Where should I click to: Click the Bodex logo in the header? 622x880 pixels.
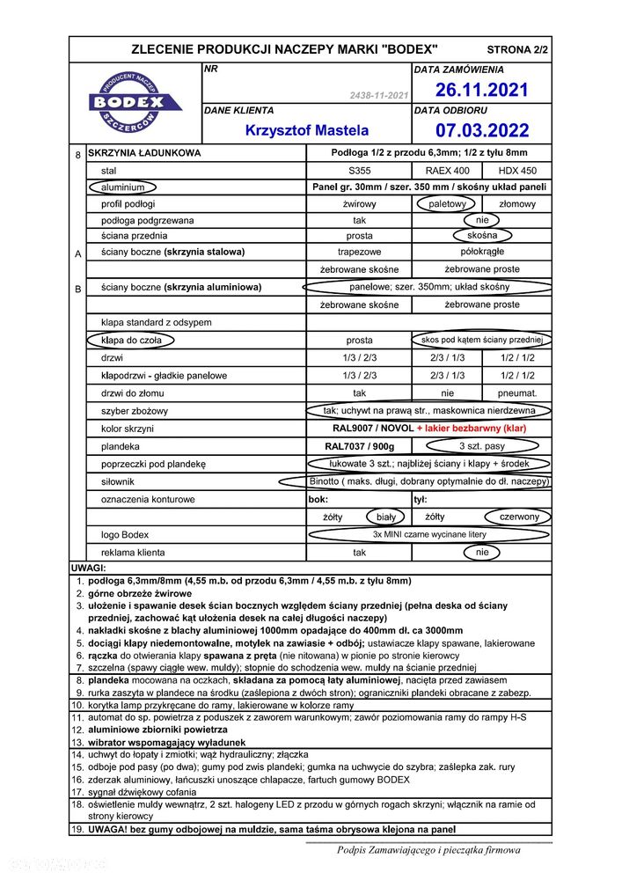coord(135,103)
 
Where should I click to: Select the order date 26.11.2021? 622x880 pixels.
coord(482,90)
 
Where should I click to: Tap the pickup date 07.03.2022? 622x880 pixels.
coord(482,130)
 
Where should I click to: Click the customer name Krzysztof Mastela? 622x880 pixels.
coord(306,130)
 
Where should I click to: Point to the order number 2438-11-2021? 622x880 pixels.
coord(378,94)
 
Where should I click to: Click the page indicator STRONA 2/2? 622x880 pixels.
coord(516,50)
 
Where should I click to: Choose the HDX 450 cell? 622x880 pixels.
coord(518,170)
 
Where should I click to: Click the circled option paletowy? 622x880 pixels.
coord(447,204)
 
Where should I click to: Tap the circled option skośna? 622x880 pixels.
coord(482,236)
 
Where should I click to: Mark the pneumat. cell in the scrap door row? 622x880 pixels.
coord(518,393)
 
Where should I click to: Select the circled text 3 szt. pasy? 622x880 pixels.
coord(482,446)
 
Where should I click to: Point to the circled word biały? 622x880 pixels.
coord(385,517)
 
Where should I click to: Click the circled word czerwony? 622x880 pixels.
coord(518,517)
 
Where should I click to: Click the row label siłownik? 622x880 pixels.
coord(120,481)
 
